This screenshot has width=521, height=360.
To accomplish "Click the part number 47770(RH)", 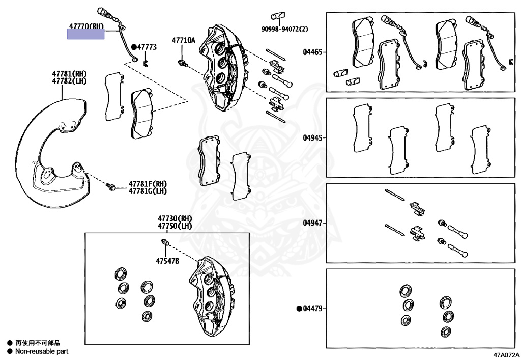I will pos(86,25).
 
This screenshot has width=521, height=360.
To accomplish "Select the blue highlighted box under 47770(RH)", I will pos(86,34).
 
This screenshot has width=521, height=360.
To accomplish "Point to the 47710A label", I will pos(183,40).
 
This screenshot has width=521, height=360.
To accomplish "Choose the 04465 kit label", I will pos(312,52).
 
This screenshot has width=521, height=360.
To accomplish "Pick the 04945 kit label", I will pos(312,137).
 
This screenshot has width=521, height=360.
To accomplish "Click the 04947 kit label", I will pos(312,223).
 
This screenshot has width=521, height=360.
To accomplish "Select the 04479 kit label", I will pos(313,308).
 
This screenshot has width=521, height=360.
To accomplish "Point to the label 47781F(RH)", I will pos(148,184).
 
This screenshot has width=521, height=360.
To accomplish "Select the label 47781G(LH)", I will pos(148,191).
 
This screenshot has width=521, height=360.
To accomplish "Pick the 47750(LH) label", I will pos(175,226).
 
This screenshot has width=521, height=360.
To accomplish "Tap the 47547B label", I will pos(168,261).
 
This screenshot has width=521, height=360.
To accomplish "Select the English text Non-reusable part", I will pos(41,351).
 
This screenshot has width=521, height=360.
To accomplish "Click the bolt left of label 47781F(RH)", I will pos(111,187).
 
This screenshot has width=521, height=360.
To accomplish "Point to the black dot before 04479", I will pos(299,308).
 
